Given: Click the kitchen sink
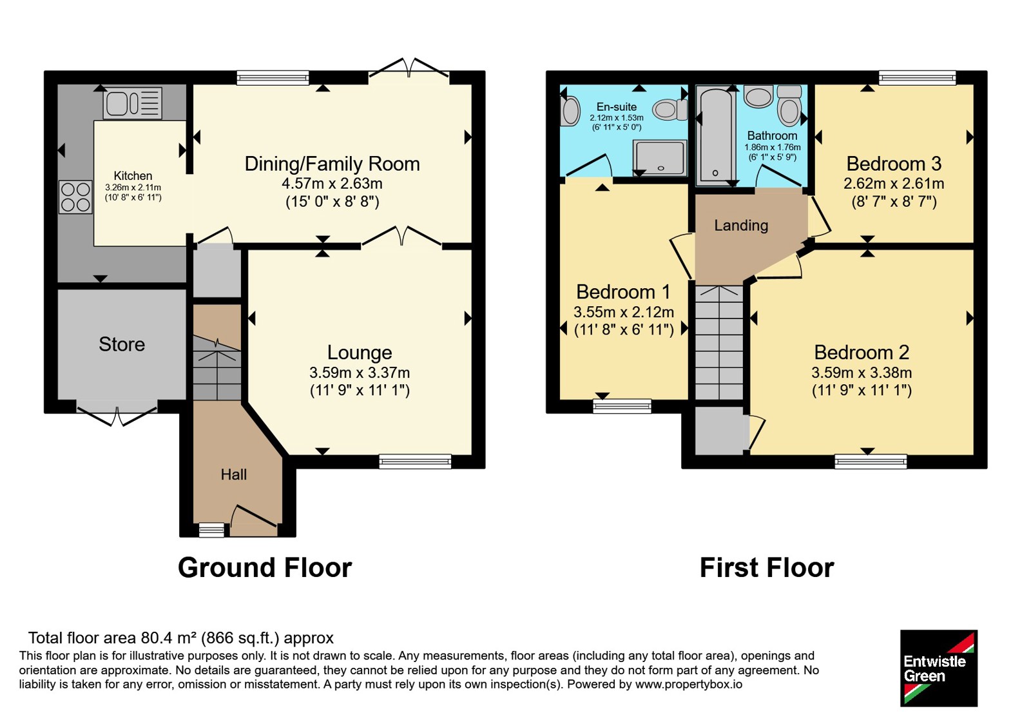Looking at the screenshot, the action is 133,103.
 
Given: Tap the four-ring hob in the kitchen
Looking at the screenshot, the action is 75,197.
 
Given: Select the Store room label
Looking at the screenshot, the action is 122,344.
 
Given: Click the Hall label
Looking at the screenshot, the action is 234,474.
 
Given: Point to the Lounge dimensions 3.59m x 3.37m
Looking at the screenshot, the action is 360,372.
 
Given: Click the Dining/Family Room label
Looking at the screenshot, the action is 332,164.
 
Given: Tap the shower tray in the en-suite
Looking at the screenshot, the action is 660,158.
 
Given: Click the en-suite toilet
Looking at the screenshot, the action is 670,110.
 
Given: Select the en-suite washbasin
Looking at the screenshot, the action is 570,110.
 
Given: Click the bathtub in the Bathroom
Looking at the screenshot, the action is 715,135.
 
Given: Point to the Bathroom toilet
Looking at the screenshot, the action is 789,106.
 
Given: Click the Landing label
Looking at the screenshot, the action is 741,225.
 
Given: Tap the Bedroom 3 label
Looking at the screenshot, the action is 894,164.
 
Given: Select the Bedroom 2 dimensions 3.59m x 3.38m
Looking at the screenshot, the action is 862,372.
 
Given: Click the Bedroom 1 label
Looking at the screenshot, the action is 623,292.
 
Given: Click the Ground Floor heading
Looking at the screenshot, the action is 265,568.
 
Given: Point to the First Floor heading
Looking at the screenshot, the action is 767,568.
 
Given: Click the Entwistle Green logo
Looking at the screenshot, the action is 938,668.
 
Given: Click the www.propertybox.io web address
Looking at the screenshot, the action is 689,684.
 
